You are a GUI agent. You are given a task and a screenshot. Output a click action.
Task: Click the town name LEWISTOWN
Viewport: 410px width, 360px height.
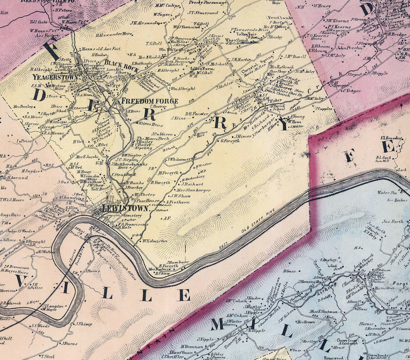click(125, 208)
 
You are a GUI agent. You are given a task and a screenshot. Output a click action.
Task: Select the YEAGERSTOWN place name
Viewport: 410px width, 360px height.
click(56, 77)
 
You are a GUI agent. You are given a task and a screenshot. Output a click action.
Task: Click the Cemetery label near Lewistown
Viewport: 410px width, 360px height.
click(132, 216)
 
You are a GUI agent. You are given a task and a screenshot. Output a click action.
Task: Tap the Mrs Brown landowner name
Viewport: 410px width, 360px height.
click(305, 322)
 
